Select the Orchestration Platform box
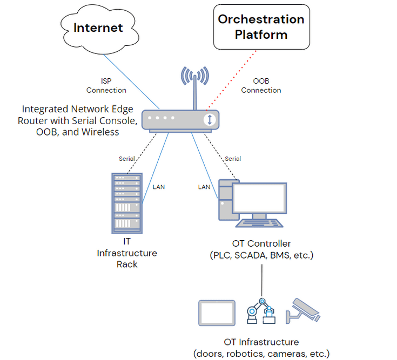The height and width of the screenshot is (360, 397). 261,27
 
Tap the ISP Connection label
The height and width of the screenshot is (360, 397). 106,86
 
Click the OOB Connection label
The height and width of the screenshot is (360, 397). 261,86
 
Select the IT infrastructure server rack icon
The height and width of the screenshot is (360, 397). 126,203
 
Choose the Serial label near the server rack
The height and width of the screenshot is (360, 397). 127,159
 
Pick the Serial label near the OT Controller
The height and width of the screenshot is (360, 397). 233,159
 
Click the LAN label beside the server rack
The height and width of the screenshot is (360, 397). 159,187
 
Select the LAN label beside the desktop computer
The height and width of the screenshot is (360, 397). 204,187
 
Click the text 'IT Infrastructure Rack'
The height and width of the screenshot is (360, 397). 126,253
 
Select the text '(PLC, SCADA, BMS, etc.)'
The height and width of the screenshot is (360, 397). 261,255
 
